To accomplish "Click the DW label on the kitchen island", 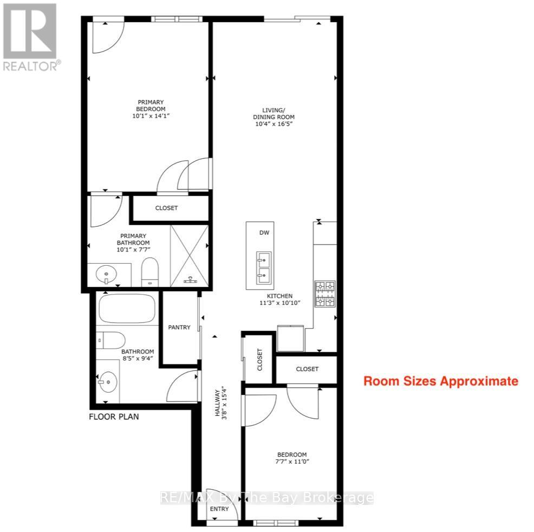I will (264, 233).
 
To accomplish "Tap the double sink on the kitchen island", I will (264, 268).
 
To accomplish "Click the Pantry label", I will (179, 327).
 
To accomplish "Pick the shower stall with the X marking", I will (190, 255).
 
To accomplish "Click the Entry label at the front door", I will (219, 509).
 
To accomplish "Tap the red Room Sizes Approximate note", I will (440, 381).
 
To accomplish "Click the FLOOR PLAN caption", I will (114, 417).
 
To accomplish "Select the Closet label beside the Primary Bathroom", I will (166, 208).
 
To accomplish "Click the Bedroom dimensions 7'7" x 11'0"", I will (292, 462).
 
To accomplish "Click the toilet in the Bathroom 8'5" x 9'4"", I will (108, 339).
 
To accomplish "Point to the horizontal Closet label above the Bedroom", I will (307, 369).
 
